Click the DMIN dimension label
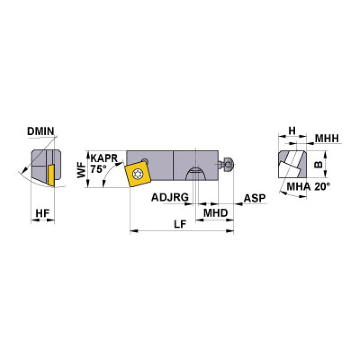(x=41, y=131)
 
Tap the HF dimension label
(x=42, y=213)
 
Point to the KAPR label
(x=104, y=159)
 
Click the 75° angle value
(x=98, y=169)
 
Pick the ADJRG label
(x=170, y=198)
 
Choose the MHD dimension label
(x=215, y=213)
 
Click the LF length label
(x=180, y=224)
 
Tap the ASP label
(x=254, y=198)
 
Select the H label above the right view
(x=292, y=131)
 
